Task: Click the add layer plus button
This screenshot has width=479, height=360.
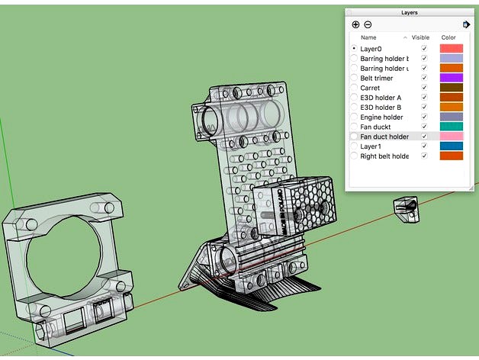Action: (355, 24)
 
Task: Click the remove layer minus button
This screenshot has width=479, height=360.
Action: (368, 24)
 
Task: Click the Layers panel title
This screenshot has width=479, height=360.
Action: (409, 12)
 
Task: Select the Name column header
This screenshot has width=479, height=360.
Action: (368, 37)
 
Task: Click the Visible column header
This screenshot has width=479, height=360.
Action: (421, 37)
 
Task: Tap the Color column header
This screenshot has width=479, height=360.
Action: (448, 37)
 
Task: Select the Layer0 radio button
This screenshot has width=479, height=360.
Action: (354, 49)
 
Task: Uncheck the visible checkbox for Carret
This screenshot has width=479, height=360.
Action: (424, 88)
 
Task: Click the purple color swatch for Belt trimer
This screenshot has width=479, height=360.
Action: (451, 78)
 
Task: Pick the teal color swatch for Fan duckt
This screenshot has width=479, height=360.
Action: (451, 127)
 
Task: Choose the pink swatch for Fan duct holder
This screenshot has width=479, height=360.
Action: (451, 137)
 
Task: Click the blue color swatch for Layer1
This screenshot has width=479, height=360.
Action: (451, 146)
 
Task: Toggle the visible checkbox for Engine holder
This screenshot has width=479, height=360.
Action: (424, 117)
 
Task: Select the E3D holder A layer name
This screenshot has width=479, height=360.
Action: (381, 98)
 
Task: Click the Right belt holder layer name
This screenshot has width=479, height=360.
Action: (384, 156)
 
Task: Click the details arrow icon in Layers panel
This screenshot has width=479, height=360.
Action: (466, 24)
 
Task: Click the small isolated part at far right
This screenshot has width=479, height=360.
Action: (406, 208)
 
